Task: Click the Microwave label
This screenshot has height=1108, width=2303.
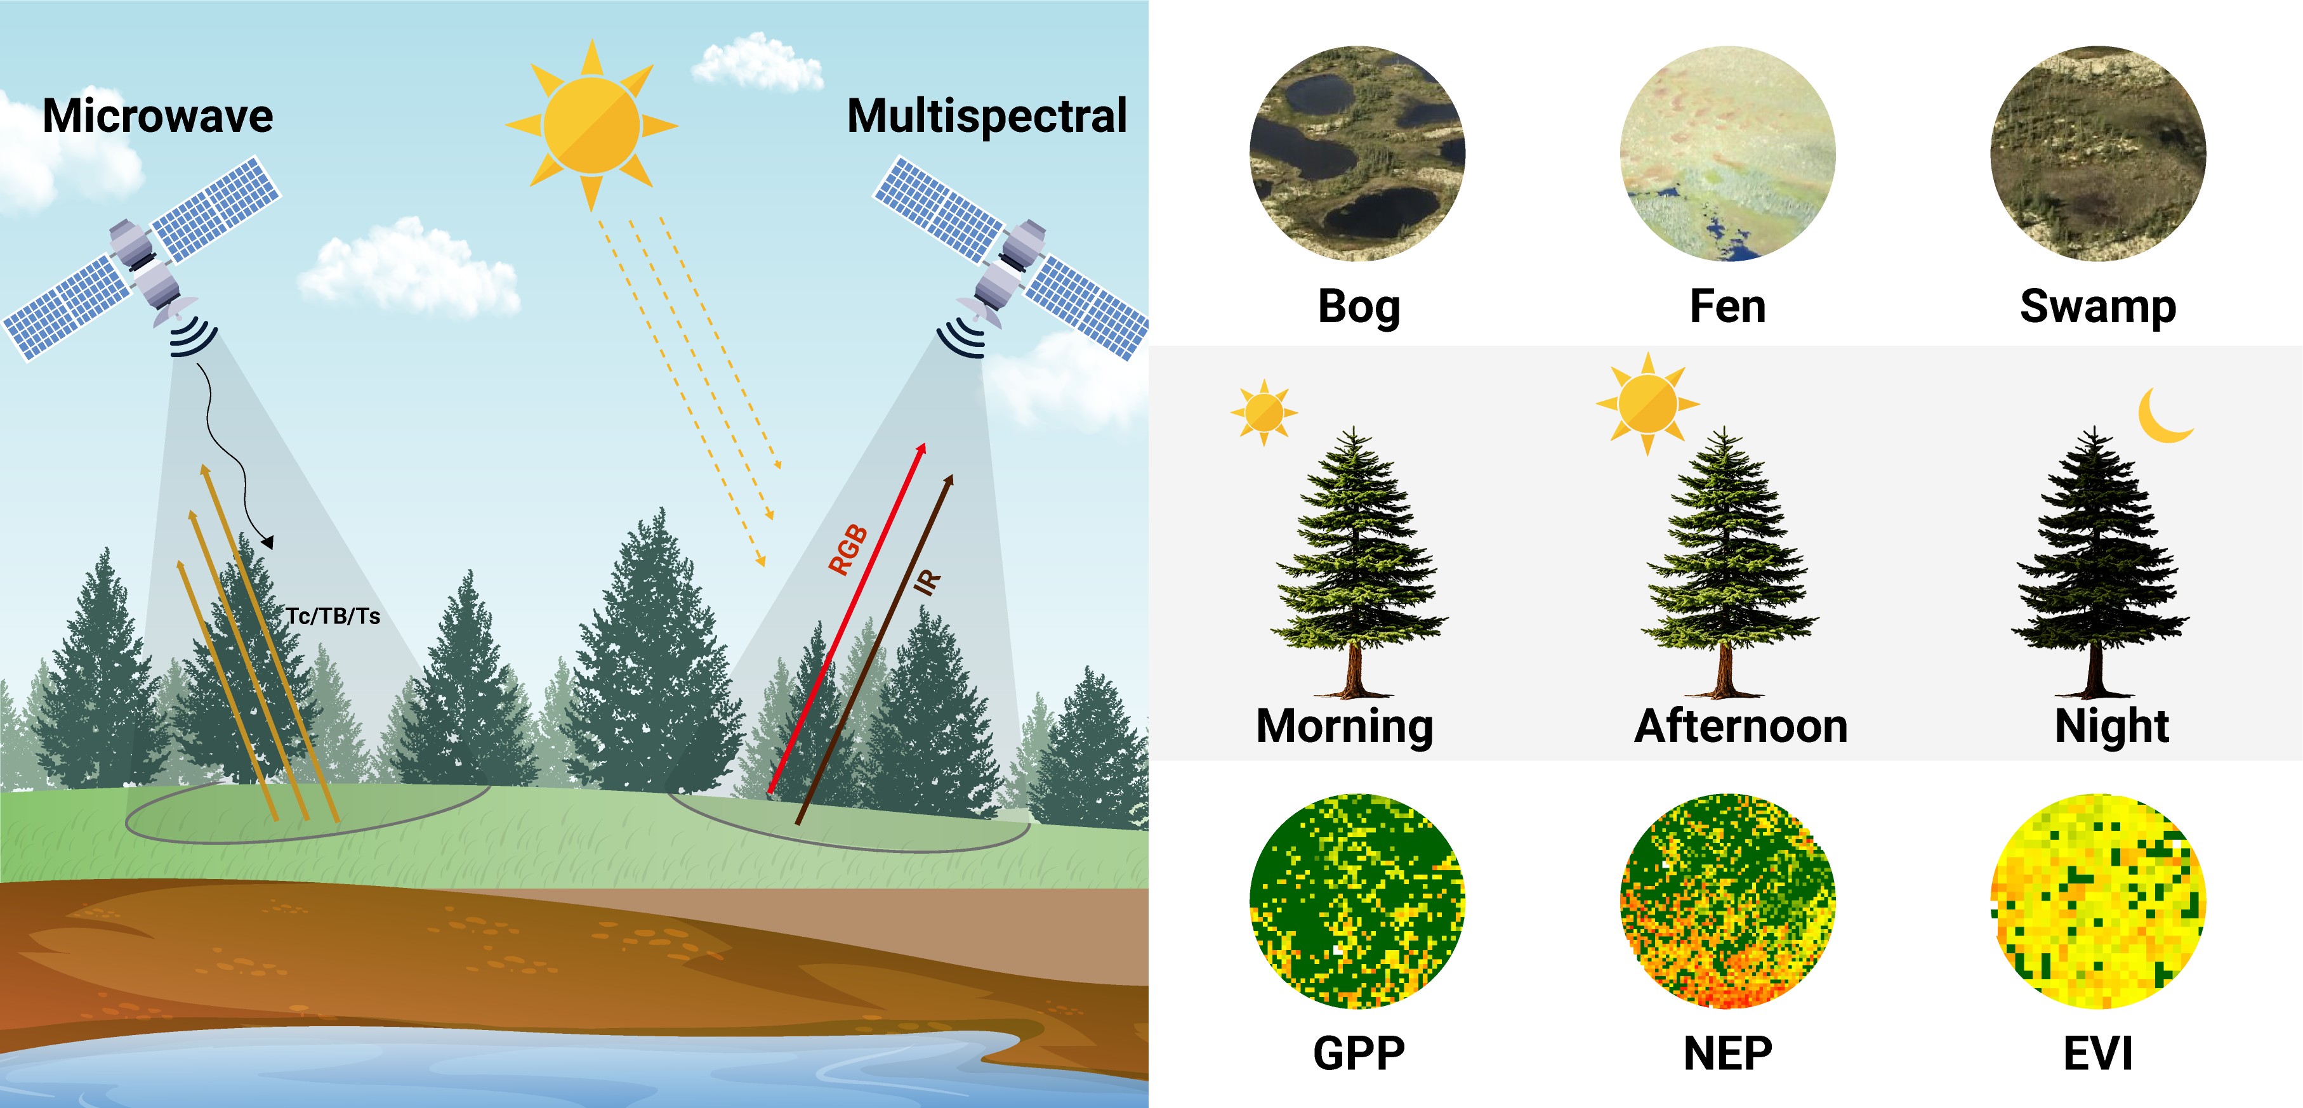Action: pyautogui.click(x=157, y=116)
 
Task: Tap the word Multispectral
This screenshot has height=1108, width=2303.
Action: pyautogui.click(x=986, y=116)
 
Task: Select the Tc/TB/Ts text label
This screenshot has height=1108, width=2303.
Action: pyautogui.click(x=333, y=616)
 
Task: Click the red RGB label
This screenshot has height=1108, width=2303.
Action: pyautogui.click(x=848, y=549)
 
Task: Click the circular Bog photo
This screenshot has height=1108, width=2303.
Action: pyautogui.click(x=1357, y=153)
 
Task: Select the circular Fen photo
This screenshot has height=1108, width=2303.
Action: pyautogui.click(x=1727, y=153)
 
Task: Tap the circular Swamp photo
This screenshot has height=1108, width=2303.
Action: pyautogui.click(x=2097, y=153)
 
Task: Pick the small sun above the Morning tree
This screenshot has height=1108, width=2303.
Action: pyautogui.click(x=1264, y=412)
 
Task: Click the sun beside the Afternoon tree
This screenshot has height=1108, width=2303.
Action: pyautogui.click(x=1647, y=403)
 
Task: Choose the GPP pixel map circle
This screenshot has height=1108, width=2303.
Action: pyautogui.click(x=1357, y=901)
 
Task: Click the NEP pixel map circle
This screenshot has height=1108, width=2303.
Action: pyautogui.click(x=1727, y=901)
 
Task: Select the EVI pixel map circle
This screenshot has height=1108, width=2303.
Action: pyautogui.click(x=2097, y=901)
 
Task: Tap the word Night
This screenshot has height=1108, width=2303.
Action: pyautogui.click(x=2112, y=726)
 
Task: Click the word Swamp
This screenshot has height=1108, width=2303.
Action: pyautogui.click(x=2097, y=306)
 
